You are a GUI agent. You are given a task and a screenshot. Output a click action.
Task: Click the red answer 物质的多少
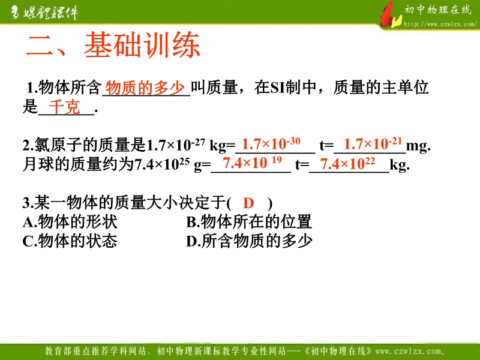click(x=145, y=88)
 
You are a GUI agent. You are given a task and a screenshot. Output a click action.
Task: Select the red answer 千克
click(x=64, y=107)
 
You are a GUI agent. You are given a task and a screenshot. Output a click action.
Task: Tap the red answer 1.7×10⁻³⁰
click(x=271, y=143)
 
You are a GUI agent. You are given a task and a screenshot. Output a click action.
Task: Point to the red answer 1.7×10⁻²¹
click(x=373, y=143)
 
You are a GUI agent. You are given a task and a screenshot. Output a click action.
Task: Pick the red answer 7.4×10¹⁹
click(x=252, y=163)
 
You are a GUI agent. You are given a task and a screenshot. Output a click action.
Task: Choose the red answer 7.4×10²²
click(x=347, y=163)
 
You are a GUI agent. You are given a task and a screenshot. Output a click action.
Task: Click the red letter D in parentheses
click(x=248, y=203)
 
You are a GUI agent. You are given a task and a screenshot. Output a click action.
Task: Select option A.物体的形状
click(x=70, y=221)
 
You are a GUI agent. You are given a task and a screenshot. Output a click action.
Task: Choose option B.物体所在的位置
click(x=249, y=221)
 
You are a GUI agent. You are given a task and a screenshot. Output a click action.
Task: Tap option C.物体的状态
click(x=70, y=241)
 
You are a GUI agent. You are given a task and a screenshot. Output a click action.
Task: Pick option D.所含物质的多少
click(x=249, y=241)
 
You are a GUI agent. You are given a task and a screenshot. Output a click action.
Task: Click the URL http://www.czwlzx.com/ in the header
click(x=440, y=24)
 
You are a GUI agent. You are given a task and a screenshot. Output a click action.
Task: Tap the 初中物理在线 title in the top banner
click(x=438, y=10)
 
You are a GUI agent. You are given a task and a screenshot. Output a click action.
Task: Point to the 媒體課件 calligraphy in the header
click(x=44, y=13)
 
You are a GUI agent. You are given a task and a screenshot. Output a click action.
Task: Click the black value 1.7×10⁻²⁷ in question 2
click(x=176, y=145)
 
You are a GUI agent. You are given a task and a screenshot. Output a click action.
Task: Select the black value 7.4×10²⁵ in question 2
click(x=162, y=164)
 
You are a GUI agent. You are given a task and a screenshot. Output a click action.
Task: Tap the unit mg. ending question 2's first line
click(x=418, y=146)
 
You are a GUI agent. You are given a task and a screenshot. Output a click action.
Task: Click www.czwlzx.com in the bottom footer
click(x=410, y=351)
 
